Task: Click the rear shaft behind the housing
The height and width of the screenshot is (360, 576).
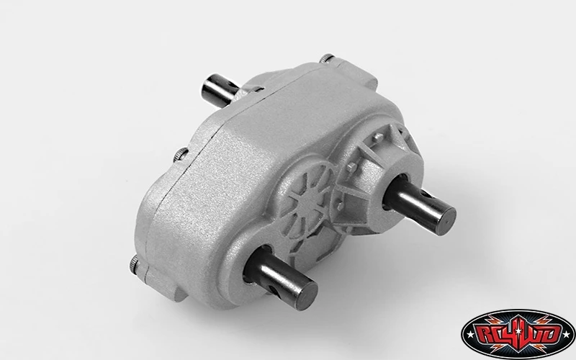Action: [x=220, y=89]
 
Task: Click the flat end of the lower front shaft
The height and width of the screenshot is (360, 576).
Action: [x=306, y=296]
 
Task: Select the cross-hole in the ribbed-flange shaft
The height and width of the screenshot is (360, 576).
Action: [x=427, y=194]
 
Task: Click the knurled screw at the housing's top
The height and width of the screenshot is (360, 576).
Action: [x=327, y=58]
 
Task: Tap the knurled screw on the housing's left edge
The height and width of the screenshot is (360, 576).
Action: [x=181, y=155]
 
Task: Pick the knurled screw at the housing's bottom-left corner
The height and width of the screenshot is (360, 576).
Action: [x=134, y=264]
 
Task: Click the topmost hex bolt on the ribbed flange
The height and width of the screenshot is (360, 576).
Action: [x=378, y=138]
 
